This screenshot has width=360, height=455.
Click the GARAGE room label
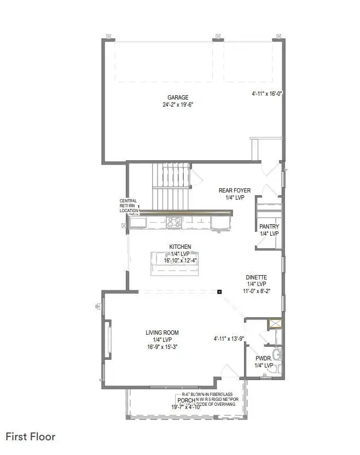click(x=178, y=97)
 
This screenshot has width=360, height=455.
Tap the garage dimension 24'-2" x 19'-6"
click(x=178, y=105)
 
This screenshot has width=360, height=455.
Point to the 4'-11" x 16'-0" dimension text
click(x=266, y=94)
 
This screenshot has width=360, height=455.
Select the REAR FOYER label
click(x=234, y=190)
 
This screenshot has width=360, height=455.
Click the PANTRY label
click(x=269, y=226)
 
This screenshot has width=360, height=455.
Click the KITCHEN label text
click(x=180, y=247)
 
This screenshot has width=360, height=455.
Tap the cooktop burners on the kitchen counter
click(x=175, y=221)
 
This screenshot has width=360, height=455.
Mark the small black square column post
click(x=219, y=291)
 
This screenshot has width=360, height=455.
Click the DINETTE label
click(x=256, y=277)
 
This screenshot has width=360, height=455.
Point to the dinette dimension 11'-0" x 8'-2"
click(x=256, y=291)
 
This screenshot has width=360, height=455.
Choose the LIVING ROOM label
click(x=162, y=332)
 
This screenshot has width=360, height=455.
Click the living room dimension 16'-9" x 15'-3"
click(x=162, y=347)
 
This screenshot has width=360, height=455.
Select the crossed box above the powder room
click(x=275, y=324)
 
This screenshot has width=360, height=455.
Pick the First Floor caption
click(x=31, y=436)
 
